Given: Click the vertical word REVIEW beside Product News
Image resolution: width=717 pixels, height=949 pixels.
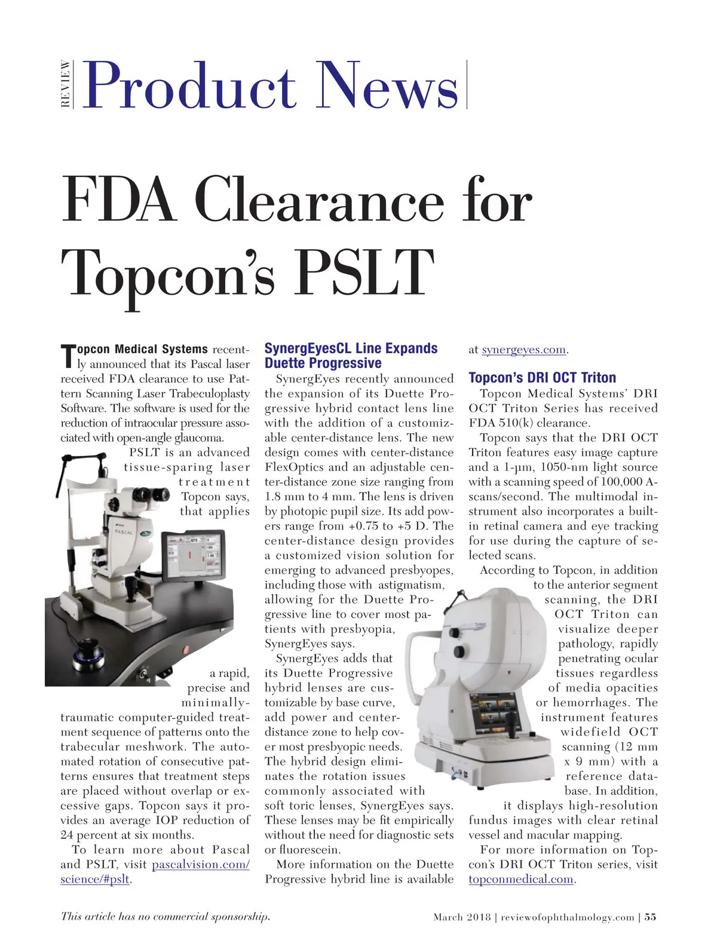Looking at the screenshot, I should (66, 84).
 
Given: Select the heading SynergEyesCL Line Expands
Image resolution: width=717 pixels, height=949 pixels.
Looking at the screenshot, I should (351, 348).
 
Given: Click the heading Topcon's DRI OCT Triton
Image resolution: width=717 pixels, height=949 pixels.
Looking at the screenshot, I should (542, 378).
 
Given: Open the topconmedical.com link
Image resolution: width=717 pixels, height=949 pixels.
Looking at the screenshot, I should (521, 879).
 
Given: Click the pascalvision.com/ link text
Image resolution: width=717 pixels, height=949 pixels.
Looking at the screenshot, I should (201, 865).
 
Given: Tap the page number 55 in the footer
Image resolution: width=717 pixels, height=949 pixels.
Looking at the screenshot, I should (650, 917).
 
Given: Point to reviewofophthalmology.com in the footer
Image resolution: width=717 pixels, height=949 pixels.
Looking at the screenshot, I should (567, 917).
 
